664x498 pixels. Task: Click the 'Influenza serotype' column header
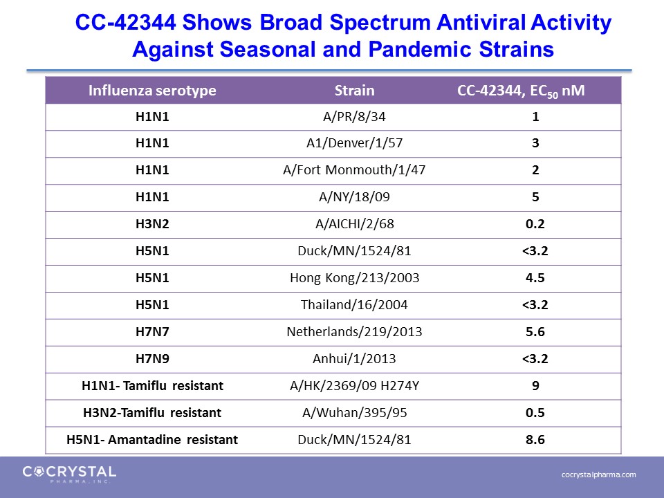[x=152, y=90]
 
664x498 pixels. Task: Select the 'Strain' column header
[x=354, y=90]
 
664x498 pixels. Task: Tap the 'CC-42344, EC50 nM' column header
[x=521, y=91]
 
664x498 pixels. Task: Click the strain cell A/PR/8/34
[x=354, y=116]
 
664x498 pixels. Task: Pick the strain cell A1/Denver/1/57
[x=354, y=143]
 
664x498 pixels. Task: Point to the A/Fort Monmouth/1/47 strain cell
[x=354, y=170]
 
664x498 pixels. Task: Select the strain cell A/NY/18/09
[x=354, y=197]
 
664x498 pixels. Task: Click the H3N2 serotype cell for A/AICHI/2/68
[x=152, y=223]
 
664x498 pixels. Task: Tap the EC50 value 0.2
[x=535, y=223]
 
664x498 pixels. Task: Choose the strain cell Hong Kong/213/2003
[x=354, y=278]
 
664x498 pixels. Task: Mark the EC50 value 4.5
[x=535, y=278]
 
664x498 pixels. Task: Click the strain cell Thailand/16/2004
[x=354, y=304]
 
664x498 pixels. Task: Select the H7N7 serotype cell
[x=152, y=331]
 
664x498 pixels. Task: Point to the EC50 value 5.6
[x=535, y=331]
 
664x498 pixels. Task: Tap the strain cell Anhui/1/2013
[x=354, y=359]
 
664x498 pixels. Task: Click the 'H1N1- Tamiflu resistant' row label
[x=152, y=386]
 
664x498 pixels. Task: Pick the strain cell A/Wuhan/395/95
[x=354, y=412]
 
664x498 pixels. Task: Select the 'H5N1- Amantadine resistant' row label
[x=152, y=440]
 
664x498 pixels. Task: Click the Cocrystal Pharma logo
[x=69, y=474]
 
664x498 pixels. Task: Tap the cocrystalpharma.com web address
[x=599, y=474]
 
